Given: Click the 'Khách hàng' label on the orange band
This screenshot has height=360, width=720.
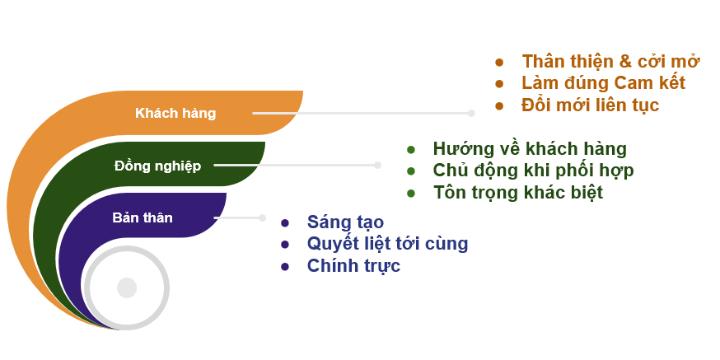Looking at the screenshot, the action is pyautogui.click(x=175, y=113).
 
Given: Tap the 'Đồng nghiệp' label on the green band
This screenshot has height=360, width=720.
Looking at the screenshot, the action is pyautogui.click(x=157, y=166).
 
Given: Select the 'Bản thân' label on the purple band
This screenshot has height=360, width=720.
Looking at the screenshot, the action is pyautogui.click(x=143, y=217).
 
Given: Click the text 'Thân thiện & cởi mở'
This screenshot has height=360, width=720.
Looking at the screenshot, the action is pyautogui.click(x=610, y=61).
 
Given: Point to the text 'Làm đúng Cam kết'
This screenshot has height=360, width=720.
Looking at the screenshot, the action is pyautogui.click(x=603, y=83).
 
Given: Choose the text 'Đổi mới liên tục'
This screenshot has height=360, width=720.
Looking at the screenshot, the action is pyautogui.click(x=591, y=105).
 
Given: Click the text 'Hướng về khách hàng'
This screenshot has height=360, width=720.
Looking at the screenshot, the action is pyautogui.click(x=530, y=148).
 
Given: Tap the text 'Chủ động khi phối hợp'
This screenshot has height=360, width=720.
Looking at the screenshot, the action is pyautogui.click(x=534, y=171).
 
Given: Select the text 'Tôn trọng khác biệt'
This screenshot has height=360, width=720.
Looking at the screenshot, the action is pyautogui.click(x=518, y=192).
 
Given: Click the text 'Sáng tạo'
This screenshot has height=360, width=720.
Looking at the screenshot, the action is pyautogui.click(x=345, y=222).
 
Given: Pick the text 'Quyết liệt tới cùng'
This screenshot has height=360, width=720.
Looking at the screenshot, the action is pyautogui.click(x=387, y=243).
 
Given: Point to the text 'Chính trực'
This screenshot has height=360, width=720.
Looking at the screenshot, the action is pyautogui.click(x=353, y=265).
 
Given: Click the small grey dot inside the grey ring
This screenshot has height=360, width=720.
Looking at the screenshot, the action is pyautogui.click(x=127, y=288).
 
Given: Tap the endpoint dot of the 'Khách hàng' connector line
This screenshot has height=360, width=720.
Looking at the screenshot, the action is pyautogui.click(x=471, y=113).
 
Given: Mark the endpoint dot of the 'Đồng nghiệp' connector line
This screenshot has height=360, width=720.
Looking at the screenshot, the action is pyautogui.click(x=377, y=166).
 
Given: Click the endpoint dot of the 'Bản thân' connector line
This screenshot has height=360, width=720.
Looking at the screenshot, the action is pyautogui.click(x=262, y=217).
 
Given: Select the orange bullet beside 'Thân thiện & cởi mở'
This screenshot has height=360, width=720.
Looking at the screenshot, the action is pyautogui.click(x=499, y=62).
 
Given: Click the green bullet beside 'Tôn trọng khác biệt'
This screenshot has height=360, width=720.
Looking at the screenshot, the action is pyautogui.click(x=411, y=194).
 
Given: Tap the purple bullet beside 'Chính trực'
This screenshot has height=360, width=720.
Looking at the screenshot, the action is pyautogui.click(x=285, y=267).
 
